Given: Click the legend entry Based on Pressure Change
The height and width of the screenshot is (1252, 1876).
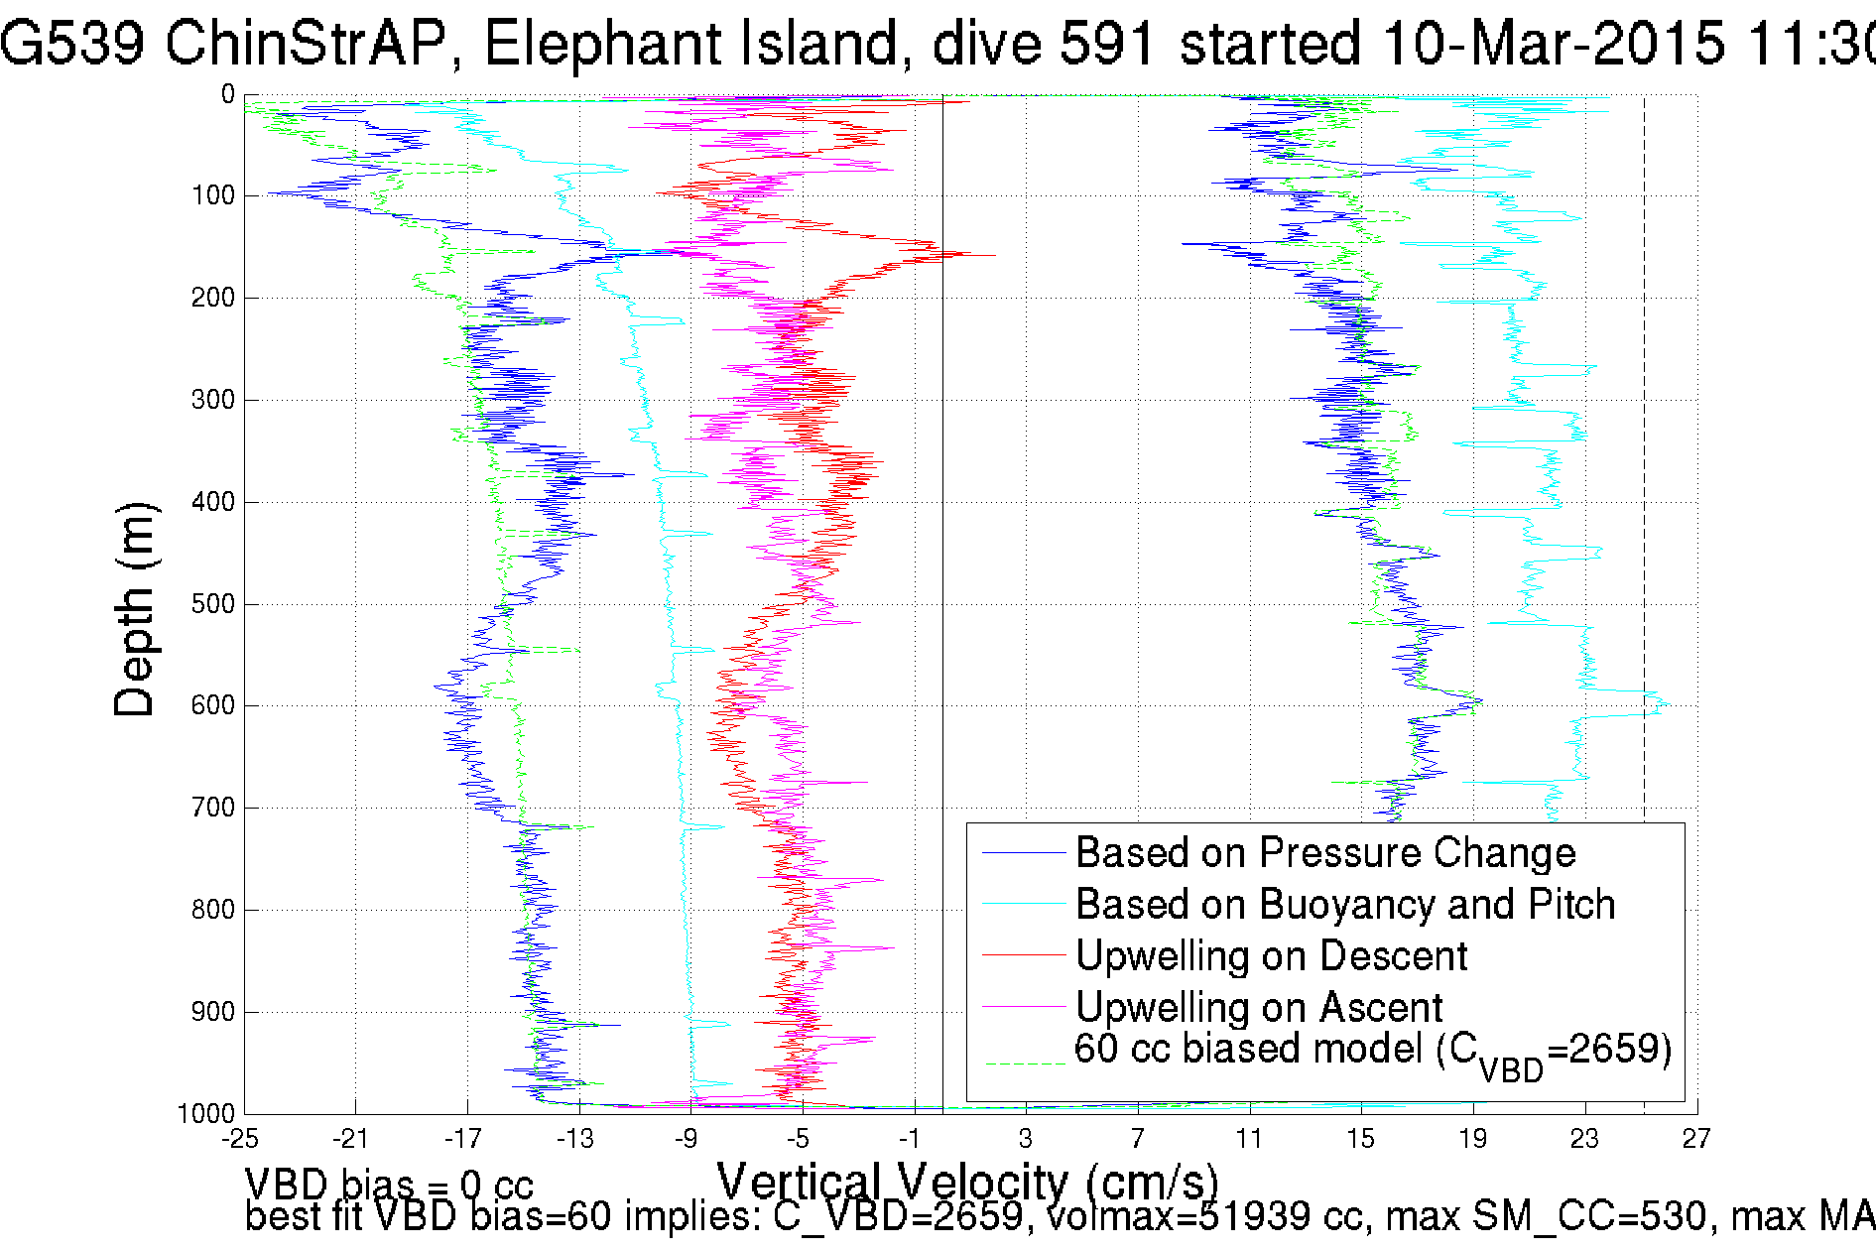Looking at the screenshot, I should click(x=1324, y=853).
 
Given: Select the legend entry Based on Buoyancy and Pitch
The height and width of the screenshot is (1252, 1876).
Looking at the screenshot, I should click(x=1344, y=905).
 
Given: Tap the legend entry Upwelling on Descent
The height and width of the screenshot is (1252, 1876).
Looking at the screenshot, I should click(x=1271, y=956).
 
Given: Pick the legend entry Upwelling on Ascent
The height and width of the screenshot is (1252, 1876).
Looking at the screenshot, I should click(x=1258, y=1008).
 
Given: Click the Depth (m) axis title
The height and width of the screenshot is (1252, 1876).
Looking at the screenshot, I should click(x=135, y=609).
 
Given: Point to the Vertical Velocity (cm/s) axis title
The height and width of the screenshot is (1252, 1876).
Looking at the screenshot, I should click(x=967, y=1182).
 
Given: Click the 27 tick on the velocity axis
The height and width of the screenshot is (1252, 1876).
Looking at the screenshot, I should click(x=1696, y=1139).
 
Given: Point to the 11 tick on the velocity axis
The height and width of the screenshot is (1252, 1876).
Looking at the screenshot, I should click(x=1248, y=1139).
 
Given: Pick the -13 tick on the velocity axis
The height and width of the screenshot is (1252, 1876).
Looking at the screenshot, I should click(x=574, y=1139).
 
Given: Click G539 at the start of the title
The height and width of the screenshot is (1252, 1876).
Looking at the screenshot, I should click(x=71, y=44).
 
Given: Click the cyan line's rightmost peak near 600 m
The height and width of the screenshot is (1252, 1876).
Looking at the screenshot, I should click(x=1665, y=705).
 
